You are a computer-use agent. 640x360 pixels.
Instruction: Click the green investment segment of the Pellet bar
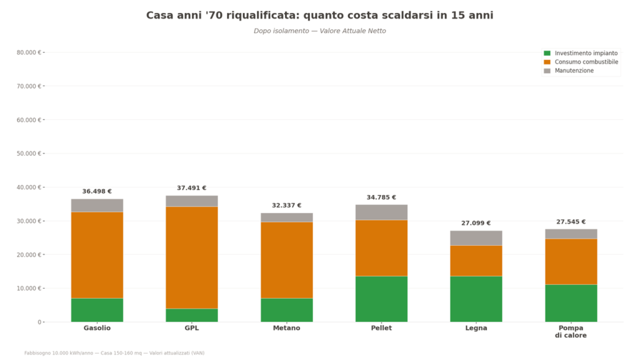381,299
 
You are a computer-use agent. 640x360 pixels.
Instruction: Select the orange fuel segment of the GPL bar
192,257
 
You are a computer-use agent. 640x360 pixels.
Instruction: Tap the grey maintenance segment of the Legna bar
476,238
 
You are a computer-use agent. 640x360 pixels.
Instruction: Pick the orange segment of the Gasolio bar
97,255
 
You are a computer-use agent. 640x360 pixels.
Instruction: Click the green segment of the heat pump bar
571,303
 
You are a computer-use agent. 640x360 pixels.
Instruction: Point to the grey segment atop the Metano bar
287,217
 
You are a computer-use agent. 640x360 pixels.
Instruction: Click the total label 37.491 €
192,188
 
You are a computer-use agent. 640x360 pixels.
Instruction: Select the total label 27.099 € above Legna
476,223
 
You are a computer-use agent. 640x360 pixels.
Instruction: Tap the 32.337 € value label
287,206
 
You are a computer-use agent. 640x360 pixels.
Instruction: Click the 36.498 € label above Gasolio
97,191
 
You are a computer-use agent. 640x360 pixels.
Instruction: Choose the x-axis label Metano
287,328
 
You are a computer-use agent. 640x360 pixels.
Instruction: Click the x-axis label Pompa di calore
571,332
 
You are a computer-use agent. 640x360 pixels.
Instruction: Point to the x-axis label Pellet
381,328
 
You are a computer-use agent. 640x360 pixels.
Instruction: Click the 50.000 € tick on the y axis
29,153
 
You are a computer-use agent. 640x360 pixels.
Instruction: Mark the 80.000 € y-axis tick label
29,52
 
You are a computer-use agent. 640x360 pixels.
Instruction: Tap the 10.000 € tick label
29,288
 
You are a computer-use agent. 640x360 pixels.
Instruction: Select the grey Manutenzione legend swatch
547,71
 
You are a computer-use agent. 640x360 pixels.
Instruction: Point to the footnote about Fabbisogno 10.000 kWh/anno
114,353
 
